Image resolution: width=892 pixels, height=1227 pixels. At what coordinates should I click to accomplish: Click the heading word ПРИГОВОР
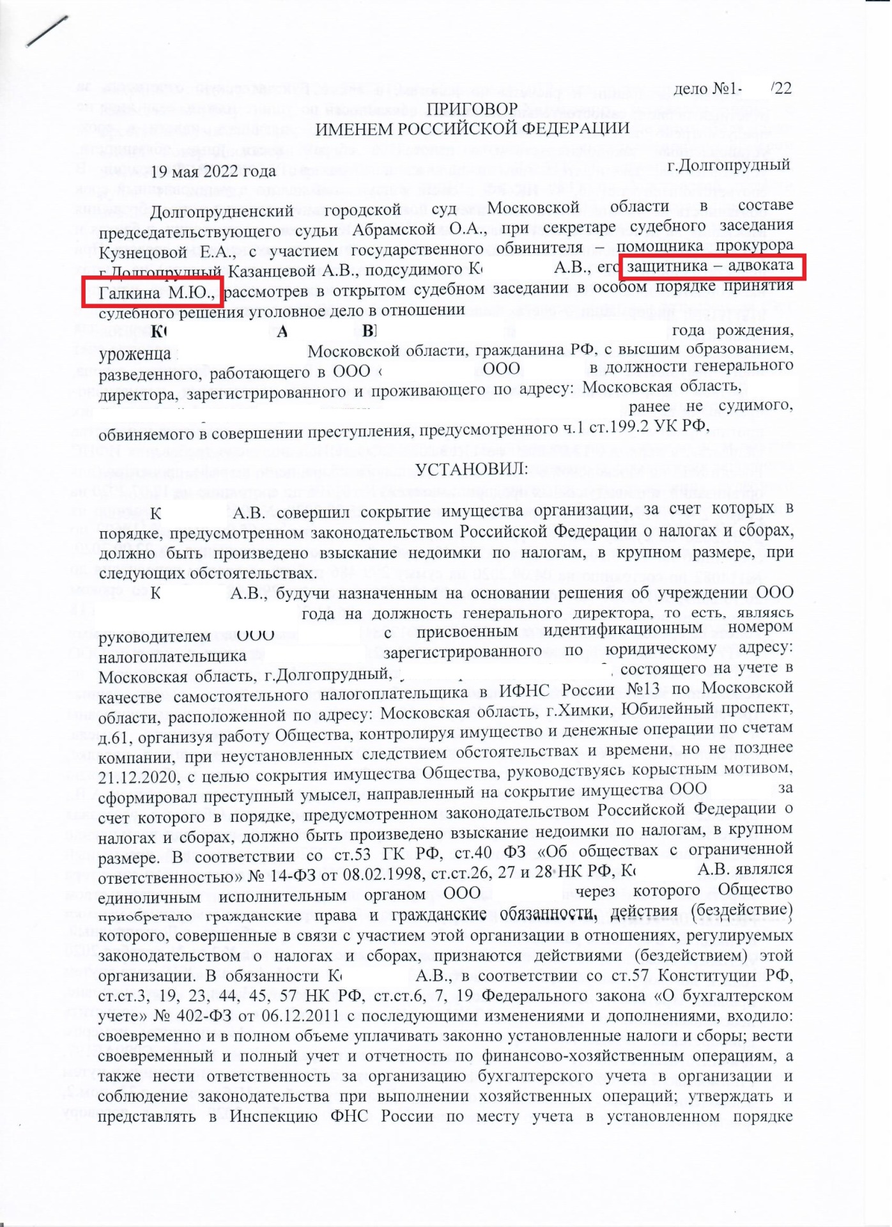[472, 109]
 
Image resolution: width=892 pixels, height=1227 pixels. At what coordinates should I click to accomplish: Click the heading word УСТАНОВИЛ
[472, 470]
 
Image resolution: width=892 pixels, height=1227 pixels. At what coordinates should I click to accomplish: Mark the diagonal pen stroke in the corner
[47, 31]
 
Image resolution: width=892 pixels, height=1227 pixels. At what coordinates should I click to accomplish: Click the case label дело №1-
[707, 89]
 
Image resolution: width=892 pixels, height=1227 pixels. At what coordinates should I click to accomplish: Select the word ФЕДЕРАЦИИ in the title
[576, 128]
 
